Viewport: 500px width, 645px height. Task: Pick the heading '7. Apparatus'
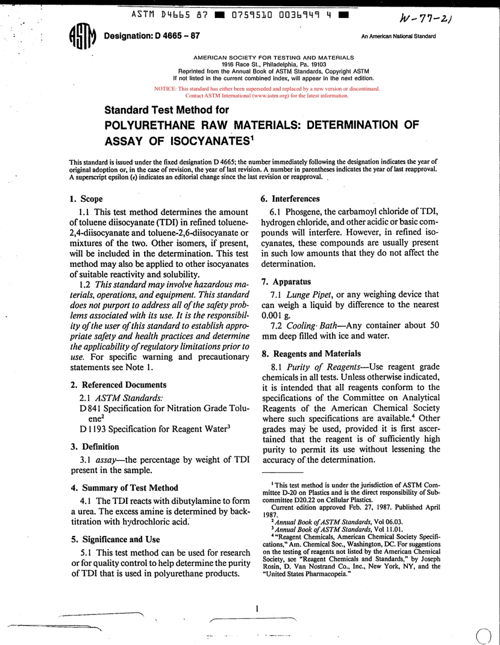[x=286, y=282]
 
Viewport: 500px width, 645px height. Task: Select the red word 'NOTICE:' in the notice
[x=165, y=89]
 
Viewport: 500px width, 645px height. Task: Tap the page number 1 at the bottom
[x=257, y=609]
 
